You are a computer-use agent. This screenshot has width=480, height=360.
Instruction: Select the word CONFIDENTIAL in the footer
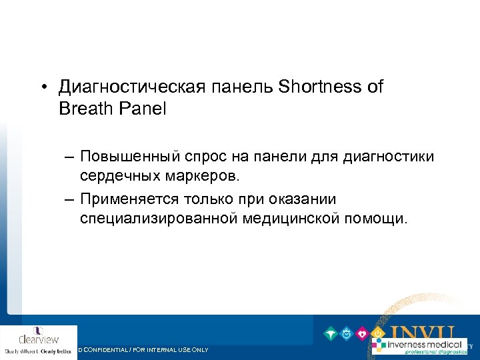click(x=110, y=350)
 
